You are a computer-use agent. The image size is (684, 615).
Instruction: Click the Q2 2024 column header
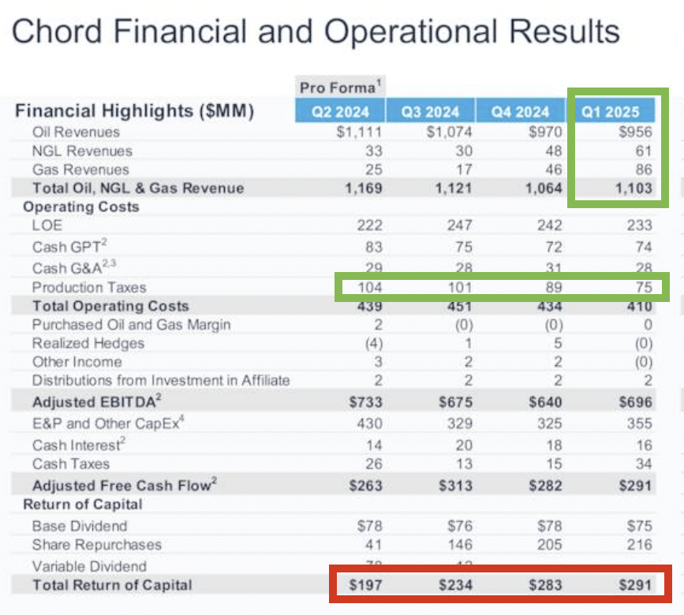pos(339,111)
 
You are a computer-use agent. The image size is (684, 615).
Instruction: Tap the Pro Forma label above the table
pos(338,86)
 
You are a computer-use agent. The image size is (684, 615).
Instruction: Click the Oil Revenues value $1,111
pos(359,132)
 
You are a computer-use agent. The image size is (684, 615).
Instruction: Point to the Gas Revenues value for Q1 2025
pos(643,170)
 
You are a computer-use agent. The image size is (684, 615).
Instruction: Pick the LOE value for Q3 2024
pos(458,225)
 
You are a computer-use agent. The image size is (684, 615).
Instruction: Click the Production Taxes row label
pos(89,287)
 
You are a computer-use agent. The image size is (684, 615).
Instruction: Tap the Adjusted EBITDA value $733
pos(364,402)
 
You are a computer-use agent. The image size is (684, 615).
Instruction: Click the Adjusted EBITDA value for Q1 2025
pos(637,402)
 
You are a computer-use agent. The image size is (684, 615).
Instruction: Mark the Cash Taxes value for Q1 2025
pos(643,464)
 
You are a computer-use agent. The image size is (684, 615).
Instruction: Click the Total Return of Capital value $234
pos(455,585)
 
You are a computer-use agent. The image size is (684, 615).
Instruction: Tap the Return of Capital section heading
pos(83,505)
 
